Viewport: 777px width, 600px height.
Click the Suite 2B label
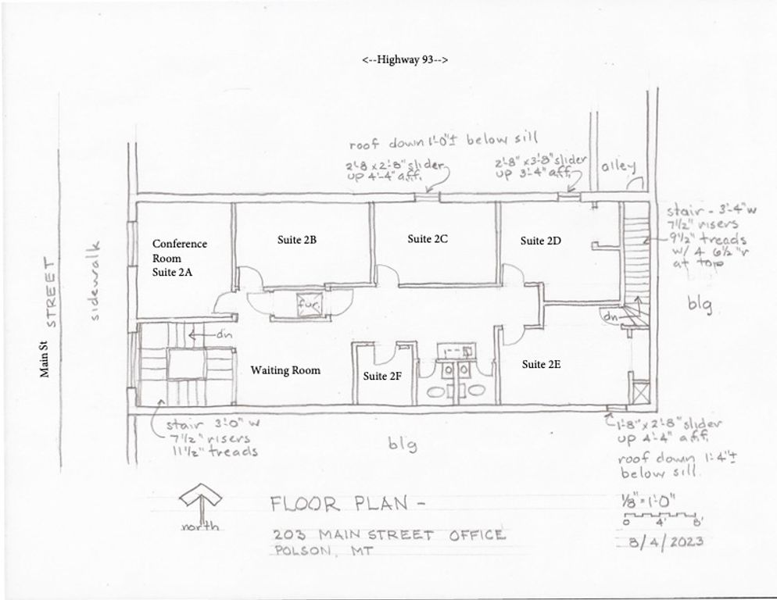click(x=296, y=241)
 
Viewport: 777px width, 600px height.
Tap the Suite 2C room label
click(x=427, y=239)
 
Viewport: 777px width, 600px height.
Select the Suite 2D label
click(x=541, y=241)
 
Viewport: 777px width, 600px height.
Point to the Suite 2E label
click(x=542, y=364)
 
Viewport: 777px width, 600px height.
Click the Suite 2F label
click(x=383, y=376)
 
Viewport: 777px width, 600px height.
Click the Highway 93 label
click(x=405, y=60)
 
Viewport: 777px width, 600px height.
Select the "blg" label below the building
click(x=403, y=445)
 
